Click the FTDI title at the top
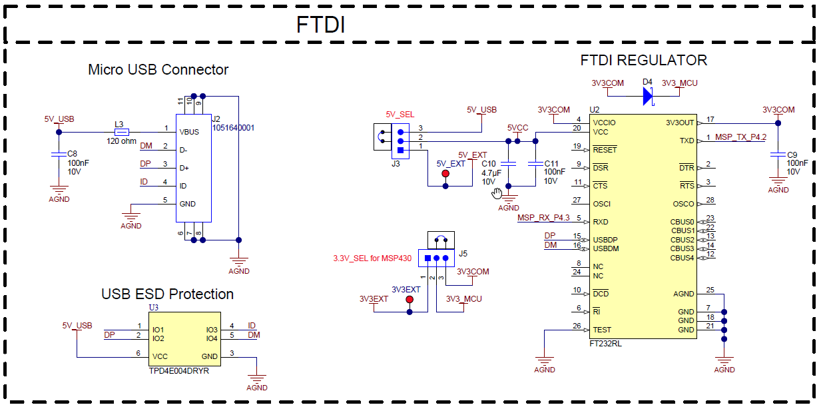[x=320, y=25]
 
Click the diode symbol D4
[x=647, y=96]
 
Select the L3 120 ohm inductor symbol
[x=121, y=131]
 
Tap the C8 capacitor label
[x=73, y=153]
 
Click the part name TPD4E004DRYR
[x=179, y=370]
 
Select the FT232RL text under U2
[x=605, y=344]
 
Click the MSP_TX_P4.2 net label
[x=741, y=137]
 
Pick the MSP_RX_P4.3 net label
[x=543, y=218]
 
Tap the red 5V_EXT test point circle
[x=445, y=174]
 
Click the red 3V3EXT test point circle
[x=410, y=300]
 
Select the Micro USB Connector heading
[x=158, y=69]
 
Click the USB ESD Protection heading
[x=167, y=294]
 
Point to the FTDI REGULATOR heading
[x=643, y=60]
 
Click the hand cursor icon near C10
[x=497, y=193]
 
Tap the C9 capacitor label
[x=792, y=154]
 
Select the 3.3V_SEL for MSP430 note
[x=372, y=258]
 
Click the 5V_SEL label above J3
[x=400, y=115]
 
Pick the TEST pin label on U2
[x=602, y=330]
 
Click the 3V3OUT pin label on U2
[x=679, y=123]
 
